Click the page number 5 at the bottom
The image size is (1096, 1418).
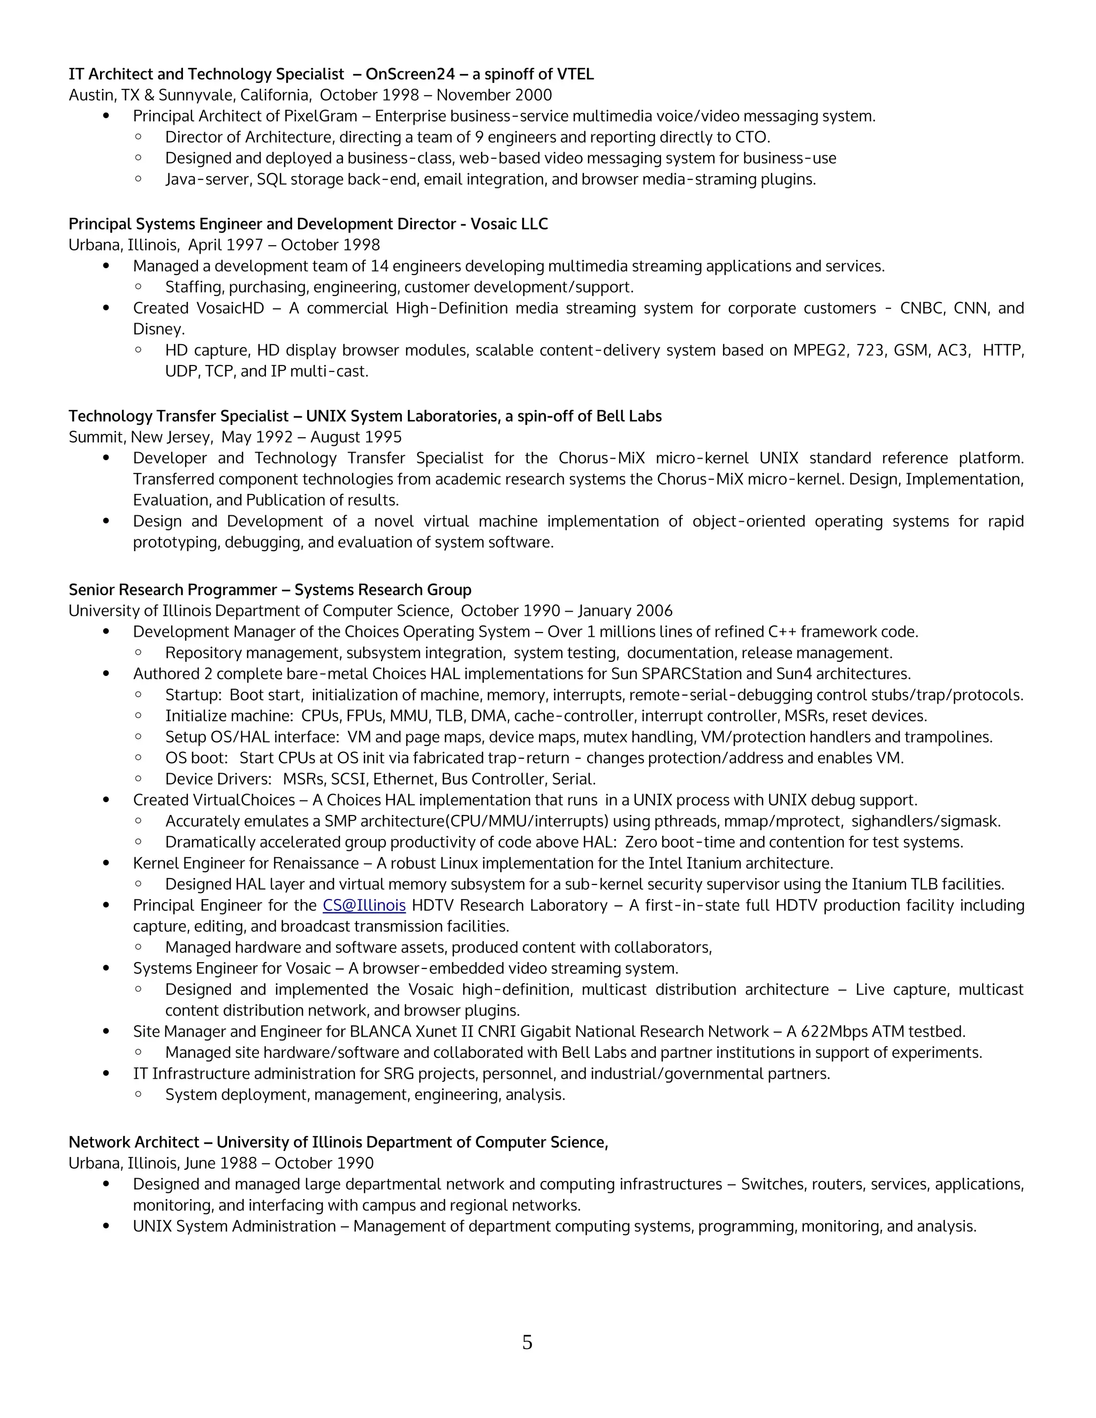(x=527, y=1342)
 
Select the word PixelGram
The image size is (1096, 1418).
(x=321, y=116)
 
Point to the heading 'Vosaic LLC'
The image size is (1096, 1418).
(x=509, y=224)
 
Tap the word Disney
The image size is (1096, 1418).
(x=158, y=329)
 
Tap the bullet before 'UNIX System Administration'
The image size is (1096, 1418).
(x=106, y=1226)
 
